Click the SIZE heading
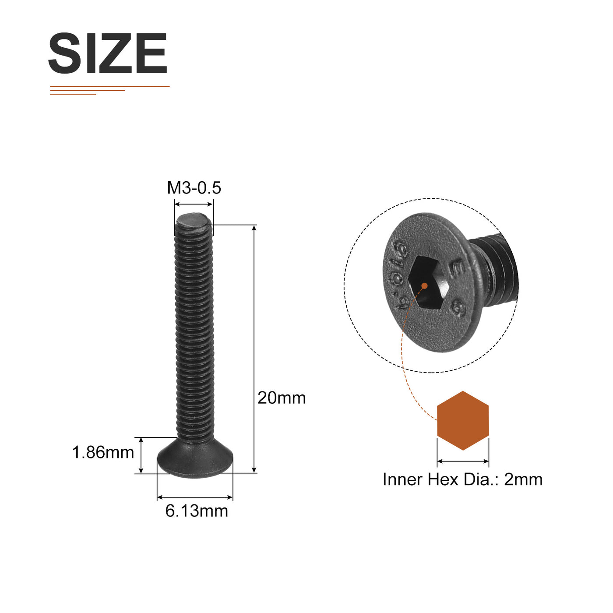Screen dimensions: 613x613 tap(108, 53)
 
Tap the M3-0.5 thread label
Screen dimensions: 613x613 tap(194, 188)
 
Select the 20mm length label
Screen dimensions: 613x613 tap(282, 398)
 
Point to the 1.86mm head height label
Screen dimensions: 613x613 tap(103, 452)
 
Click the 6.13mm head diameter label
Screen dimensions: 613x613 tap(197, 511)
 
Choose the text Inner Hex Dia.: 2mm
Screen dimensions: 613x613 tap(462, 479)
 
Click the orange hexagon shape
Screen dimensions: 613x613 tap(463, 420)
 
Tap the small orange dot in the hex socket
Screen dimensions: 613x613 tap(424, 285)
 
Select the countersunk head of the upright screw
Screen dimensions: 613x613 tap(195, 458)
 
